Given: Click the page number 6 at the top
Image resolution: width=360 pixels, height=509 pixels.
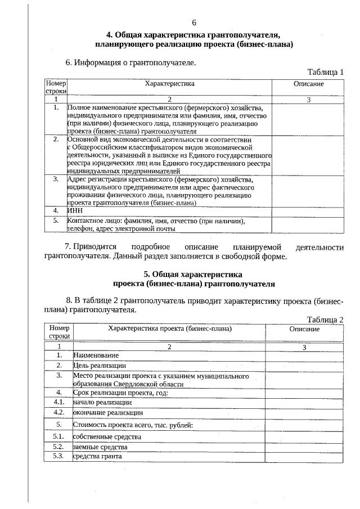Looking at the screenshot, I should [193, 22].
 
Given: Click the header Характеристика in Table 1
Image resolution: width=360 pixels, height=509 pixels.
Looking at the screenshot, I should [169, 83].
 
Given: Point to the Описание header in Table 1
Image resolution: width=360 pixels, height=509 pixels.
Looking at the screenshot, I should [308, 83].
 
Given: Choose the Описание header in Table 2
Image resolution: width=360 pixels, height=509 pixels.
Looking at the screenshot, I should [304, 328].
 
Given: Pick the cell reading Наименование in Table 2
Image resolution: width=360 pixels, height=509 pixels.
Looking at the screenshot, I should [96, 355].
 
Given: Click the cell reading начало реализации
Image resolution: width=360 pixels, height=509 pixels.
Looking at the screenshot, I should [102, 403].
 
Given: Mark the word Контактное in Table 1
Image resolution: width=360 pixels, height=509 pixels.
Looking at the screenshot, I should [85, 221].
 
